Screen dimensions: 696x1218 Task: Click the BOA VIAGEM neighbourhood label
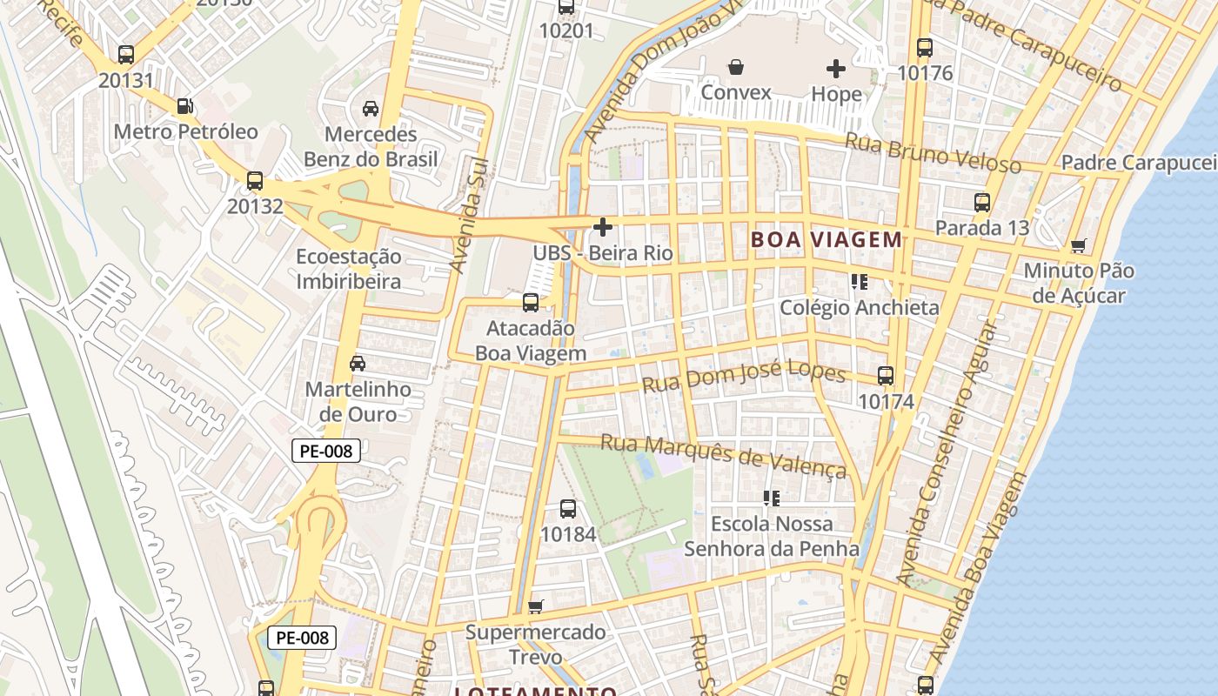[x=826, y=239]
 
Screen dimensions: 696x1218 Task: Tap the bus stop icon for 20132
[x=255, y=181]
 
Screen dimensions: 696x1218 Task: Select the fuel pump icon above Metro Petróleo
[x=184, y=106]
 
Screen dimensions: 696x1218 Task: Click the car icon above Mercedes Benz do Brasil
[x=371, y=109]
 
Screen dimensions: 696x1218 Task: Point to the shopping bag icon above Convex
[x=736, y=67]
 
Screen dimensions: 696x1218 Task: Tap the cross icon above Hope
[x=836, y=68]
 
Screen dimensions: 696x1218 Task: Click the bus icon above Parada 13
[x=982, y=203]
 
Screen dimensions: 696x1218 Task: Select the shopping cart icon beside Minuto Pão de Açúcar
[x=1079, y=246]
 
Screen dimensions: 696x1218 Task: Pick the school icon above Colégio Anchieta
[x=860, y=282]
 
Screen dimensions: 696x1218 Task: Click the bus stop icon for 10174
[x=886, y=376]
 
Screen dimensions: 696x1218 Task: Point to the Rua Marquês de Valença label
[x=723, y=456]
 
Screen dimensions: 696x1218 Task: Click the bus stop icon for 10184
[x=568, y=509]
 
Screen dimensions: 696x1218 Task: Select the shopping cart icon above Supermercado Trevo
[x=536, y=606]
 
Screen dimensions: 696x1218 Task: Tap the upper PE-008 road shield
[x=325, y=451]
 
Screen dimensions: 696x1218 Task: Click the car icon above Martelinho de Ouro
[x=357, y=364]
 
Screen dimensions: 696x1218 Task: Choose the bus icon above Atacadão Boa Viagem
[x=530, y=303]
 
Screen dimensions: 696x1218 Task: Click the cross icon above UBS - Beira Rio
[x=602, y=228]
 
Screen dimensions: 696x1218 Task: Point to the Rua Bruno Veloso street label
[x=934, y=153]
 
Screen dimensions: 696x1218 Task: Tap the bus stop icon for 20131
[x=126, y=55]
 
